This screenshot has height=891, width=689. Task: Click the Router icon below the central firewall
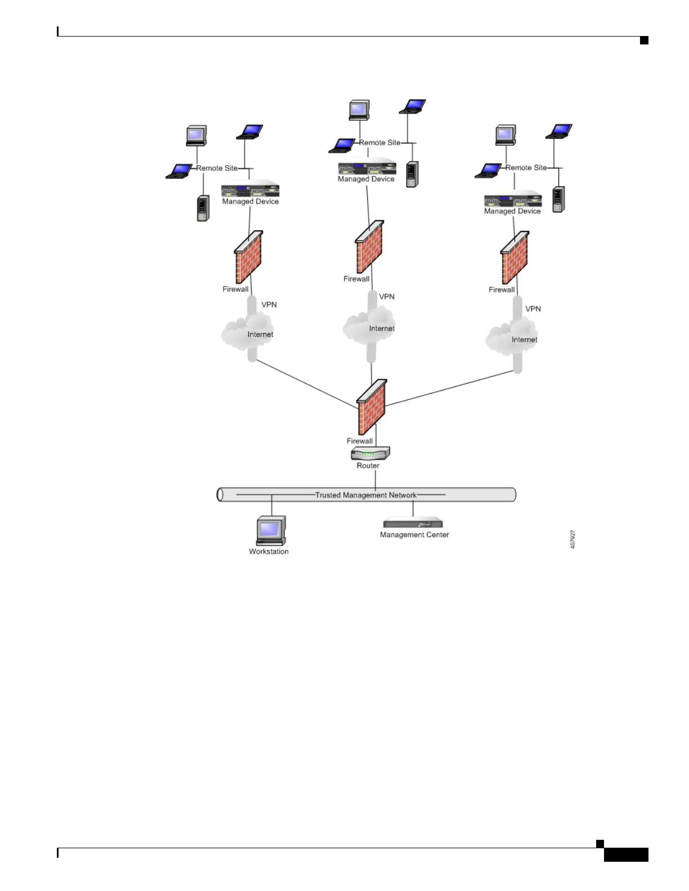click(x=370, y=453)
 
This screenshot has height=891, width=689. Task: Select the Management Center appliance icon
click(x=413, y=523)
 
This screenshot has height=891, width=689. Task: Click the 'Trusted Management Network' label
click(x=366, y=495)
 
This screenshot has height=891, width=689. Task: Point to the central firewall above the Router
click(x=372, y=407)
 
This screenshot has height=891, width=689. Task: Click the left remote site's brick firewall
click(x=248, y=257)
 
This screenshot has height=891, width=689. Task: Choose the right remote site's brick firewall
click(x=514, y=258)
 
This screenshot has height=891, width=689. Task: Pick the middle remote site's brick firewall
click(x=369, y=247)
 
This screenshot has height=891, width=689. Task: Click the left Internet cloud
click(x=248, y=333)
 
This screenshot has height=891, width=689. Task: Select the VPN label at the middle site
click(x=387, y=296)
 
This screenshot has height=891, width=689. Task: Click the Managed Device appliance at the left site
click(x=250, y=190)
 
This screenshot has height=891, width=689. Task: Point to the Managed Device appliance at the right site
click(x=513, y=200)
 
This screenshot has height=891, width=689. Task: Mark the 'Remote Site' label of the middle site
click(x=380, y=142)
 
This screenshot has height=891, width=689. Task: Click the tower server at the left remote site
click(x=203, y=208)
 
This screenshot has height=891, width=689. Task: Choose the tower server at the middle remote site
click(x=412, y=174)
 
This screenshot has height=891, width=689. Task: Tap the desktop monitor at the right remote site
click(x=505, y=135)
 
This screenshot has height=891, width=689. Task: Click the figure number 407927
click(x=573, y=539)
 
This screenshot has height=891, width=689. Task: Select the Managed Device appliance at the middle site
click(x=367, y=168)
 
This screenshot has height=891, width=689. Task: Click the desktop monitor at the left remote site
click(x=196, y=136)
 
